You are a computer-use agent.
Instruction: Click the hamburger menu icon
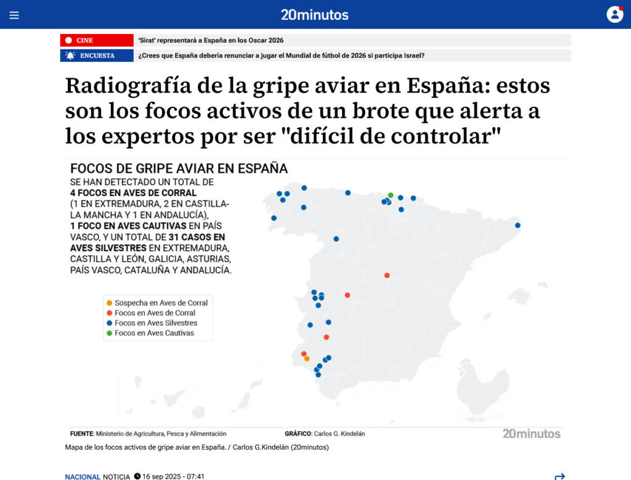point(14,15)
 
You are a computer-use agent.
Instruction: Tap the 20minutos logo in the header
point(314,15)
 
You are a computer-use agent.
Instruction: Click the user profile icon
point(614,14)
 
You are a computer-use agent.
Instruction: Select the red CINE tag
point(97,40)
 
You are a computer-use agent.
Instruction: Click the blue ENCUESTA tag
point(97,56)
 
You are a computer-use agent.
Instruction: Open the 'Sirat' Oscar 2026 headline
point(211,40)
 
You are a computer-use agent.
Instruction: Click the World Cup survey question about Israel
point(281,56)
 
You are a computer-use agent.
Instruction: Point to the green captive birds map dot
point(391,195)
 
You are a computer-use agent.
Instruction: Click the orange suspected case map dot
point(307,358)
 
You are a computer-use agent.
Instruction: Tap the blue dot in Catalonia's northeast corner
point(518,225)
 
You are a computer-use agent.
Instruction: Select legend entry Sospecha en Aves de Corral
point(160,303)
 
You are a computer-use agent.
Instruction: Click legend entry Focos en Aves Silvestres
point(155,323)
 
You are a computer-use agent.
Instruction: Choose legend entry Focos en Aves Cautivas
point(153,333)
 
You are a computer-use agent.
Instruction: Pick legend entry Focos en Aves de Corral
point(154,313)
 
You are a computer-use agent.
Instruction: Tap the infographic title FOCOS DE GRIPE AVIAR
point(179,168)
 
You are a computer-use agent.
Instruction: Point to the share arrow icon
point(560,476)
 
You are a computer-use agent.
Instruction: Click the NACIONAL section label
point(83,476)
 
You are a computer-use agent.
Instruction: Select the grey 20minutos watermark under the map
point(531,434)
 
